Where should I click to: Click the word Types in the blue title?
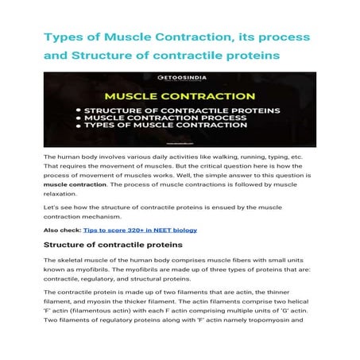click(x=64, y=37)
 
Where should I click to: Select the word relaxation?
click(x=61, y=192)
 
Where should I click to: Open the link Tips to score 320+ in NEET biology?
click(x=152, y=230)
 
